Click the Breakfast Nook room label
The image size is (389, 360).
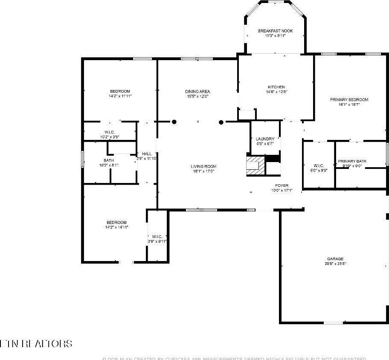275,31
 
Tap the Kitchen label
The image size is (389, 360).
276,87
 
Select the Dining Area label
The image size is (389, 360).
197,91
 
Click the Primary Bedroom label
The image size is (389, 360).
349,99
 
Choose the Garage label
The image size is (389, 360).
335,259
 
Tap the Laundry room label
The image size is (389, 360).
265,139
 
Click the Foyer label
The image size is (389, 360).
282,186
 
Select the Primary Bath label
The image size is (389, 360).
352,161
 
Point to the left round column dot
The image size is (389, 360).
174,122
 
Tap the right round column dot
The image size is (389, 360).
221,122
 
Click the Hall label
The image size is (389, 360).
147,154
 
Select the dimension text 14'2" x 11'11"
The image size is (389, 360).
120,96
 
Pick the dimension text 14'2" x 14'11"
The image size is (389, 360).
116,227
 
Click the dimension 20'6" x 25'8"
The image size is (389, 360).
335,264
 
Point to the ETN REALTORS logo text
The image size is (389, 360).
36,344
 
